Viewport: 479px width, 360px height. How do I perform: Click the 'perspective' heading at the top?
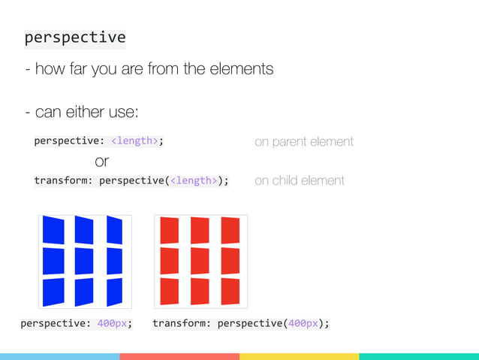pyautogui.click(x=75, y=38)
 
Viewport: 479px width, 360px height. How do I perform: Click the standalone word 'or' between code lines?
pyautogui.click(x=102, y=161)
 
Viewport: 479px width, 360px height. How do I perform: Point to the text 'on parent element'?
pyautogui.click(x=304, y=141)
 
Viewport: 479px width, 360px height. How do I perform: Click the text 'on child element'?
pyautogui.click(x=300, y=180)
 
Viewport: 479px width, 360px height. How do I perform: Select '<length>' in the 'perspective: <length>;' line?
pyautogui.click(x=136, y=141)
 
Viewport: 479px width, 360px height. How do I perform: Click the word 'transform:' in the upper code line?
pyautogui.click(x=64, y=180)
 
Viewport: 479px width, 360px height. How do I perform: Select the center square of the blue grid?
pyautogui.click(x=85, y=261)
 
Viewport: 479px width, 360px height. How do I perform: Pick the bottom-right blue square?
pyautogui.click(x=115, y=292)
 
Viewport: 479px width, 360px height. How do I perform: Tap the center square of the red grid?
pyautogui.click(x=200, y=261)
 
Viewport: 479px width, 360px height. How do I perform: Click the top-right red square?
pyautogui.click(x=230, y=230)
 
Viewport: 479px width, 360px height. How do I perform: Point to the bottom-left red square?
pyautogui.click(x=170, y=291)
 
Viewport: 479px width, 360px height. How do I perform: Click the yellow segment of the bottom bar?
pyautogui.click(x=299, y=356)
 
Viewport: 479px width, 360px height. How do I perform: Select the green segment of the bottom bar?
pyautogui.click(x=419, y=356)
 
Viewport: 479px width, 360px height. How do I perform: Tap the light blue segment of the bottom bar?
pyautogui.click(x=59, y=356)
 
